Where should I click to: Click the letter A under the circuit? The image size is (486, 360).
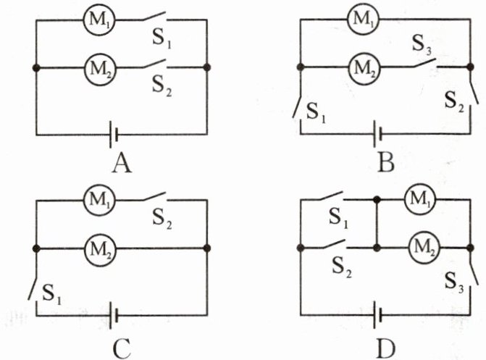[x=122, y=164]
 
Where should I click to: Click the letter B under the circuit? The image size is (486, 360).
[x=385, y=164]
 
